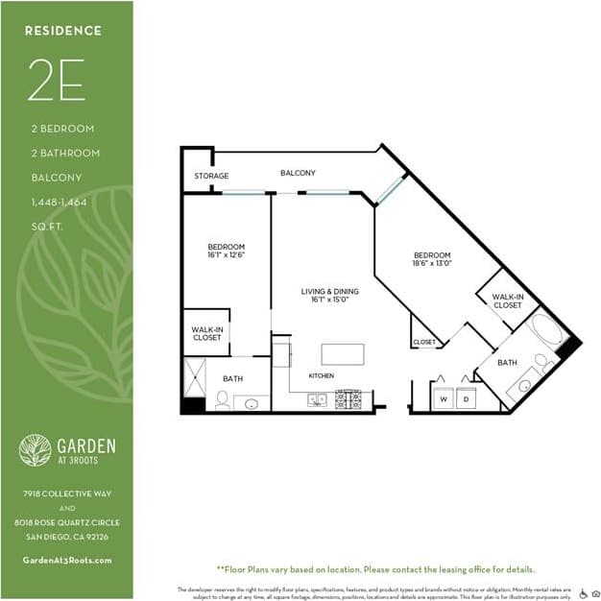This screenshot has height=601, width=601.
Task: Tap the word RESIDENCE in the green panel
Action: (63, 31)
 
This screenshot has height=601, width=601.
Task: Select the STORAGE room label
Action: (211, 176)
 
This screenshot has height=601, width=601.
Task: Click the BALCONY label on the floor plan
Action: (298, 173)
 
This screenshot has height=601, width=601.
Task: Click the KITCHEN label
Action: (321, 375)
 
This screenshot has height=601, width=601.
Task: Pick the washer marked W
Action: (443, 397)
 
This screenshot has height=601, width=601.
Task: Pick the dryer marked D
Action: (466, 397)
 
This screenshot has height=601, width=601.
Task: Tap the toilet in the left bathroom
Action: (222, 399)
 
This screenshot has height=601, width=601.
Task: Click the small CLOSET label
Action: (423, 342)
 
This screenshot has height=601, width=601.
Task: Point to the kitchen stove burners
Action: (348, 398)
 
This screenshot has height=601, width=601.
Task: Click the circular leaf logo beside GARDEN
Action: (36, 450)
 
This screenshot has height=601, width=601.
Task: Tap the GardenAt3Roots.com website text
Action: (66, 560)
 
